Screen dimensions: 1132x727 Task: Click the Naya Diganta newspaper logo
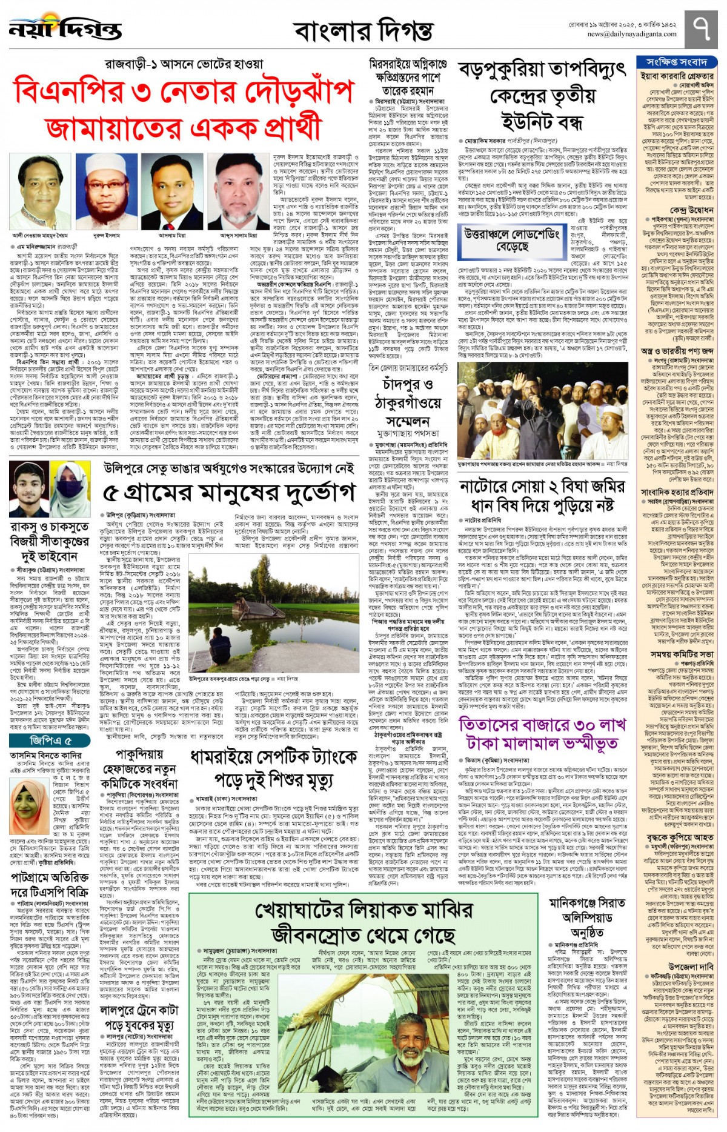65,29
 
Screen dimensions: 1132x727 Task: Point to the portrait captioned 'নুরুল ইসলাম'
107,191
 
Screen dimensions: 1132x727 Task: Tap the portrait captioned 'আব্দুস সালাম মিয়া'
238,191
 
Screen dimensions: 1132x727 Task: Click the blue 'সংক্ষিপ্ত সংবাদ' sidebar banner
677,62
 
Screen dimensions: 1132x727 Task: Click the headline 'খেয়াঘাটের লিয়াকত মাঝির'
363,910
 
